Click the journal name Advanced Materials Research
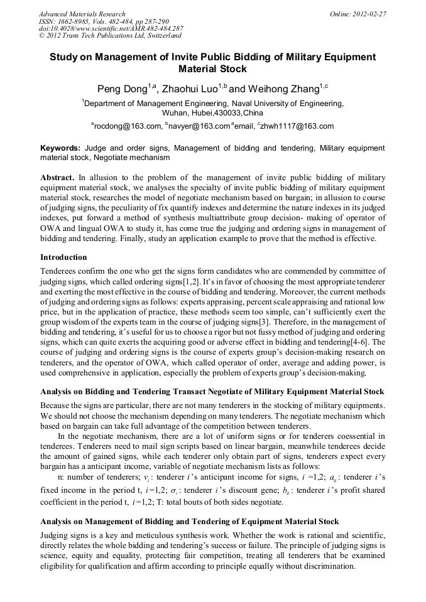pos(82,14)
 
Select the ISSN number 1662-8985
pos(77,21)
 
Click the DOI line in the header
pos(111,28)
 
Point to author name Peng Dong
pos(122,89)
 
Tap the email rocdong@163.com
pos(128,126)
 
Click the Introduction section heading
pos(63,257)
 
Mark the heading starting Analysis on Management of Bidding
pos(189,522)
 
